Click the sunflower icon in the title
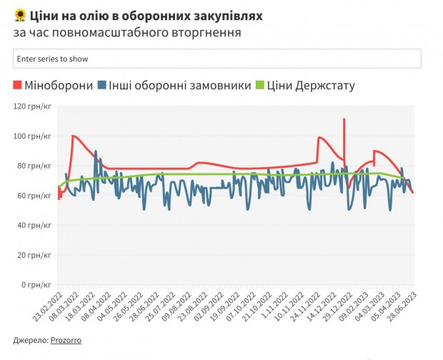point(20,15)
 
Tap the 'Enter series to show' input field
point(217,59)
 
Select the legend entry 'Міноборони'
point(59,86)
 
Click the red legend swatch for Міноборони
point(18,86)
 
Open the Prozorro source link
point(66,341)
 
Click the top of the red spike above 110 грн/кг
point(344,119)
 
